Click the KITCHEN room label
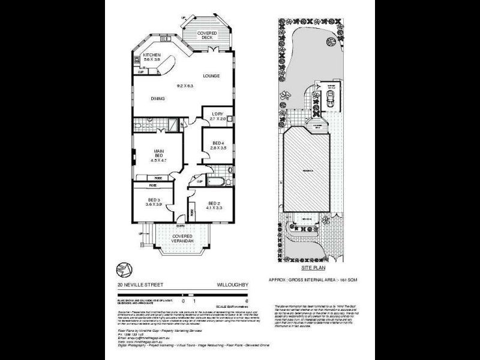[x=152, y=55]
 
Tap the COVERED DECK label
[x=207, y=35]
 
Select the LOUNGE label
[x=211, y=76]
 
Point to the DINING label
[x=158, y=98]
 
